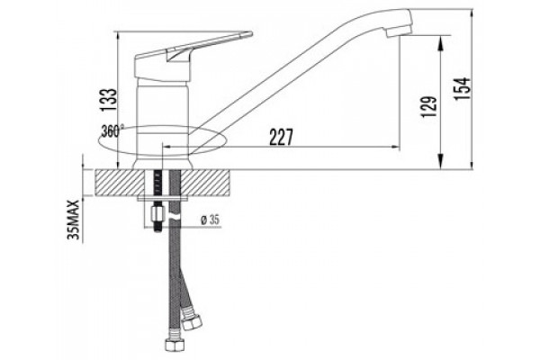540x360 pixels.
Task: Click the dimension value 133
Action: pos(109,100)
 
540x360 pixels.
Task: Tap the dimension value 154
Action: pos(462,88)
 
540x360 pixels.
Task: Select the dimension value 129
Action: pos(429,106)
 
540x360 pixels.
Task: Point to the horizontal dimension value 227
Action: pos(282,137)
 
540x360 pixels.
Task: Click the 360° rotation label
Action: pos(112,130)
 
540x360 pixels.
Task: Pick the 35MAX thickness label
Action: pos(74,220)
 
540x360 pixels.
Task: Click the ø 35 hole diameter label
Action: pos(210,220)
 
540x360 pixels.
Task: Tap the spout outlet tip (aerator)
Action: pos(399,31)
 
